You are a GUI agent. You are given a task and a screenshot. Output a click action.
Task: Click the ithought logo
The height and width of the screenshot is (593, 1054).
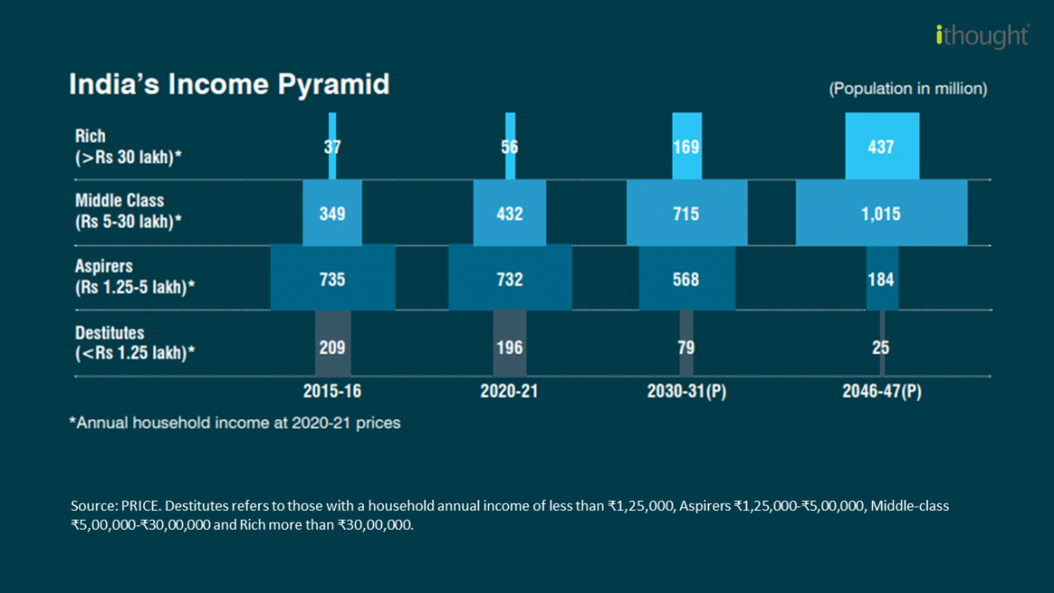tap(982, 36)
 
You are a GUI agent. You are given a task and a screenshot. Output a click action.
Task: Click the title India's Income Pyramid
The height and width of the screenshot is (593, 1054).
tap(230, 85)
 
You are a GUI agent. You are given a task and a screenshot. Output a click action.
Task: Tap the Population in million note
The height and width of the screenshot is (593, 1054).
tap(907, 89)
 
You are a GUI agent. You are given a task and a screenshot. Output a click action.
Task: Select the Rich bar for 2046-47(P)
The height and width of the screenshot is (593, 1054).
tap(881, 146)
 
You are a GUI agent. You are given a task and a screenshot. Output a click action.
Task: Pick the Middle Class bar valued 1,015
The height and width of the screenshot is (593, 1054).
tap(881, 214)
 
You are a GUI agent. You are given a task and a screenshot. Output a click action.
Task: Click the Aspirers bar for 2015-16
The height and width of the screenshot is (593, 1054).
tap(332, 278)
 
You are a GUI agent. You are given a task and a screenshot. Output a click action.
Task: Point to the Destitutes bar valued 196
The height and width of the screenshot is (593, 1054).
tap(510, 346)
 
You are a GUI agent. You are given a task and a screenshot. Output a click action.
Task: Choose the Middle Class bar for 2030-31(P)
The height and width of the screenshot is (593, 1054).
tap(686, 214)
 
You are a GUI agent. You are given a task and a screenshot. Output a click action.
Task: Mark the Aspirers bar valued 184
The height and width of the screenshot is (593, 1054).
tap(882, 278)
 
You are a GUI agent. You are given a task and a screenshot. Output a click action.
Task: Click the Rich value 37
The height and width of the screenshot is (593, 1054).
tap(332, 147)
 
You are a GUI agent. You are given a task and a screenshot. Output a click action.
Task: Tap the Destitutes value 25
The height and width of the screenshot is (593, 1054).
tap(882, 347)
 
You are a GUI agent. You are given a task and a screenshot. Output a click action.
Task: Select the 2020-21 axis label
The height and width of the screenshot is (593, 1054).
tap(510, 392)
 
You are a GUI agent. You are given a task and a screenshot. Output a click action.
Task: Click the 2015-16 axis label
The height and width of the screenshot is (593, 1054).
tap(332, 392)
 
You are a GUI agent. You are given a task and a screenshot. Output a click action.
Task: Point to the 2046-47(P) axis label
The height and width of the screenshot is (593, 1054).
tap(882, 392)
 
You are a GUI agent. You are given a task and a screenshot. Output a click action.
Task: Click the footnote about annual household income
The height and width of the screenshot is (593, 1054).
tap(235, 423)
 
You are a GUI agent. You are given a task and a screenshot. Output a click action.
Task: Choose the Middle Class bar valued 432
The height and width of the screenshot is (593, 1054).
tap(510, 214)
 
